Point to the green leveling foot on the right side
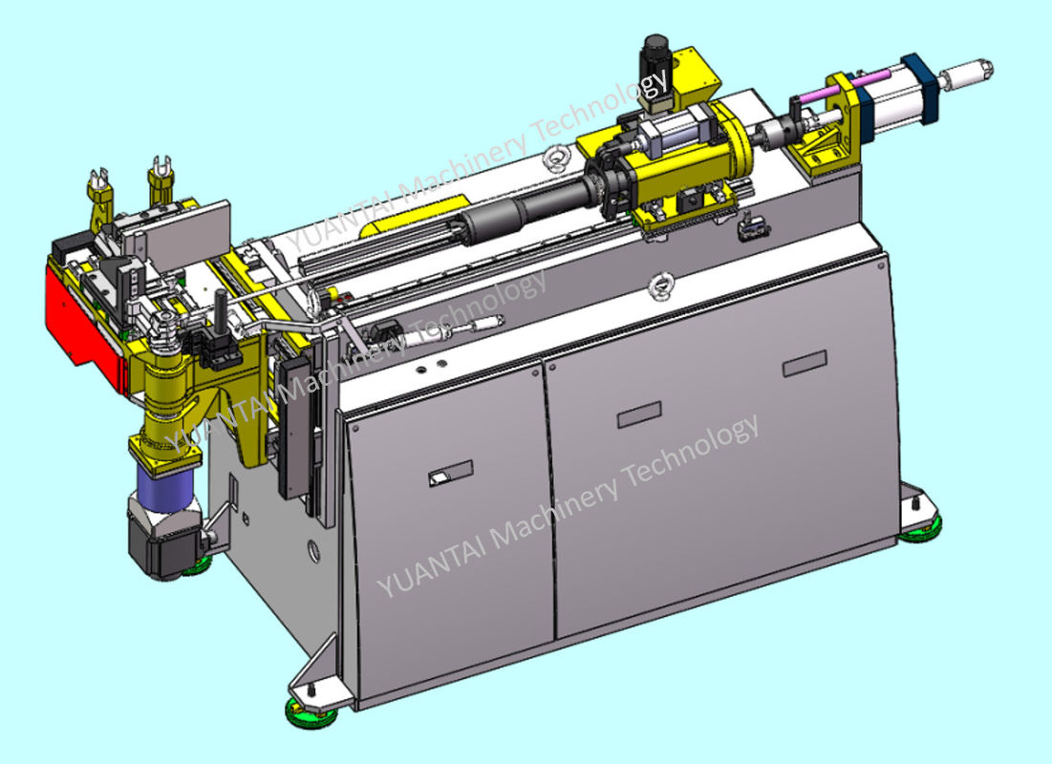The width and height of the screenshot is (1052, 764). (921, 525)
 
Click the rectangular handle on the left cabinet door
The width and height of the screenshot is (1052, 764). (449, 472)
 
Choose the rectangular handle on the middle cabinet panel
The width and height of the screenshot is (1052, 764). (638, 415)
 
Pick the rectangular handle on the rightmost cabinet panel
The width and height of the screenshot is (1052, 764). (804, 364)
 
